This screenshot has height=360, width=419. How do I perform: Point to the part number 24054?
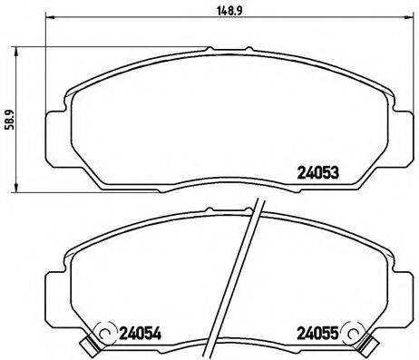click(x=140, y=335)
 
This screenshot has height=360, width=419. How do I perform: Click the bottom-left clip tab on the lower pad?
click(x=87, y=345)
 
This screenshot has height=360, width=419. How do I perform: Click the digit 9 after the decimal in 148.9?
click(x=225, y=11)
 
